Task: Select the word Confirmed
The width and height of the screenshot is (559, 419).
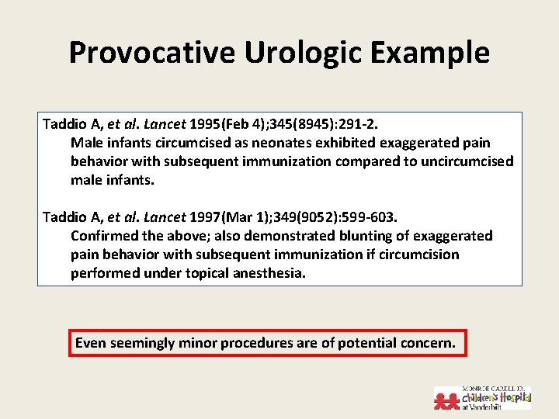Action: [103, 236]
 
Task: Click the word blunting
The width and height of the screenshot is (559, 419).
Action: [367, 236]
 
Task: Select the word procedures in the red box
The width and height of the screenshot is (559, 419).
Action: [257, 342]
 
